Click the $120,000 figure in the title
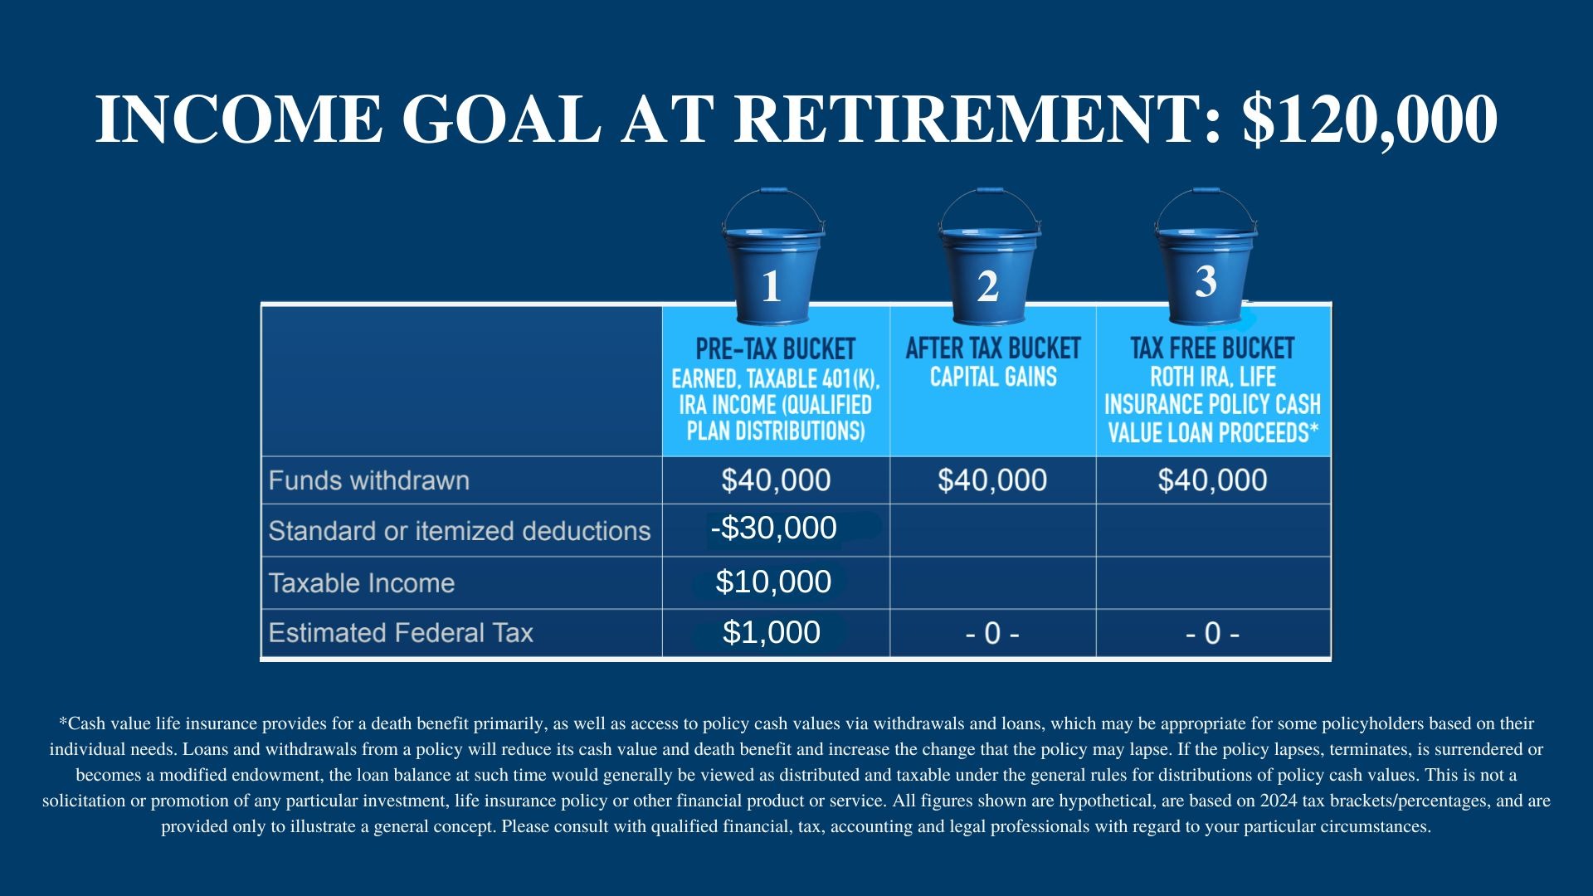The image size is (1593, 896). pyautogui.click(x=1370, y=119)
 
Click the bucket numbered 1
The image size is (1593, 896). pyautogui.click(x=772, y=256)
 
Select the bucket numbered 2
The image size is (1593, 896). pyautogui.click(x=988, y=256)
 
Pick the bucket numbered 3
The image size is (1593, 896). pyautogui.click(x=1205, y=256)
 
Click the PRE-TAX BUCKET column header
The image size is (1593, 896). pyautogui.click(x=776, y=349)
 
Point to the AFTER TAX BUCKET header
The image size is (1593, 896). pyautogui.click(x=993, y=348)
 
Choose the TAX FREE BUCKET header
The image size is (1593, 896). pyautogui.click(x=1212, y=348)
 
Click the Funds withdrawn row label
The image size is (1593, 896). pyautogui.click(x=369, y=480)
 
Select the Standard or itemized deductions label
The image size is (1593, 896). pyautogui.click(x=460, y=531)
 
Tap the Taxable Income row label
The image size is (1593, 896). pyautogui.click(x=362, y=583)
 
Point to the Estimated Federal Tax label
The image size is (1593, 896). pyautogui.click(x=401, y=633)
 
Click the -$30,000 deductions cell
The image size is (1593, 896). pyautogui.click(x=774, y=528)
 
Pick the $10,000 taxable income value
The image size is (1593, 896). pyautogui.click(x=773, y=582)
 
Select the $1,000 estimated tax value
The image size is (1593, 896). pyautogui.click(x=772, y=632)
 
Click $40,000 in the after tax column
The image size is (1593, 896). pyautogui.click(x=992, y=480)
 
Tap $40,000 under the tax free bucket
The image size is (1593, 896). pyautogui.click(x=1213, y=480)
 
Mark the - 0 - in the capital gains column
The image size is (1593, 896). pyautogui.click(x=992, y=634)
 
